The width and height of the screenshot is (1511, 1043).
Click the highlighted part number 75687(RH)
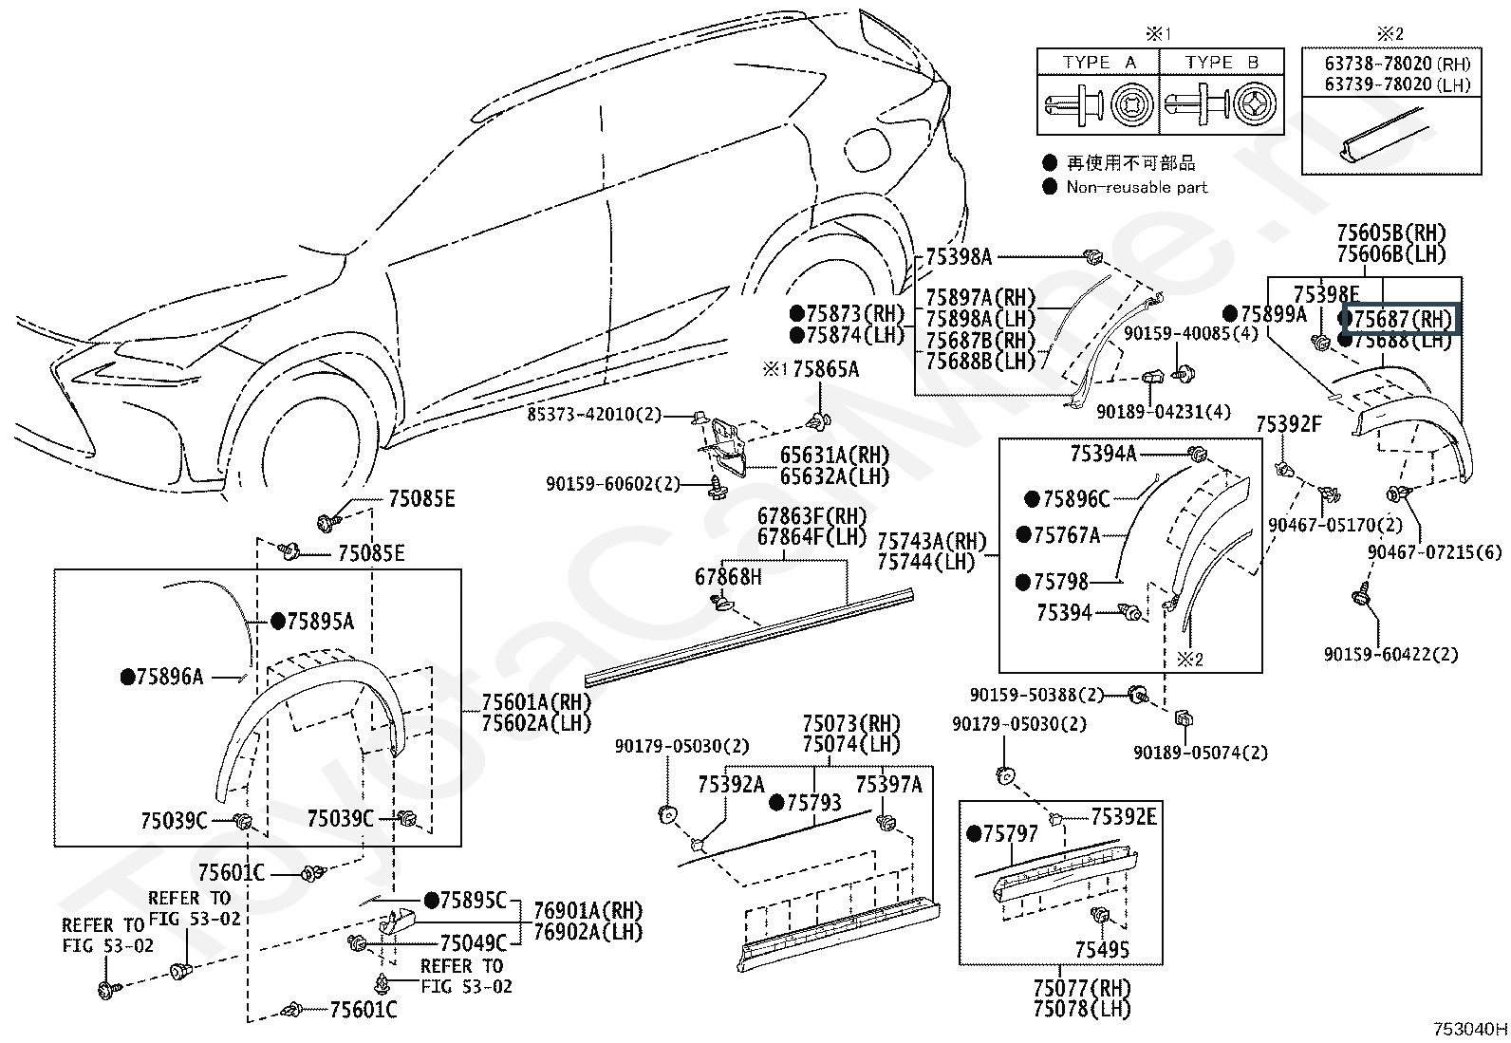(x=1402, y=319)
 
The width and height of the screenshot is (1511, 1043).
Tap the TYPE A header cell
(x=1099, y=63)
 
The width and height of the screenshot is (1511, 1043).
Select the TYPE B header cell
(x=1222, y=63)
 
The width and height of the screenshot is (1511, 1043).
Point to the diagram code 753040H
(x=1469, y=1027)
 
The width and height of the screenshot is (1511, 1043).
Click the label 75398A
(x=959, y=256)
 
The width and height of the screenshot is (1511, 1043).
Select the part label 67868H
(x=728, y=577)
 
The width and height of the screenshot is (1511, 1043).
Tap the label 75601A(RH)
(x=536, y=702)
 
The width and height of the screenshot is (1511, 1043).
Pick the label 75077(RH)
(x=1082, y=988)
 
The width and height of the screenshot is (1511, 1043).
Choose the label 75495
(x=1102, y=949)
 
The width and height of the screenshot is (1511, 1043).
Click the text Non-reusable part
(x=1136, y=187)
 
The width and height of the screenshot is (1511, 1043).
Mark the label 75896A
(x=170, y=677)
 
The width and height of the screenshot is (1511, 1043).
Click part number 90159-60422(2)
(x=1392, y=654)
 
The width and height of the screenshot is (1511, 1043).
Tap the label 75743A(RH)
(x=932, y=541)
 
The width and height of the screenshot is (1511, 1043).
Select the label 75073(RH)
(x=850, y=724)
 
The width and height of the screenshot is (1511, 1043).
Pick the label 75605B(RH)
(x=1390, y=233)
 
